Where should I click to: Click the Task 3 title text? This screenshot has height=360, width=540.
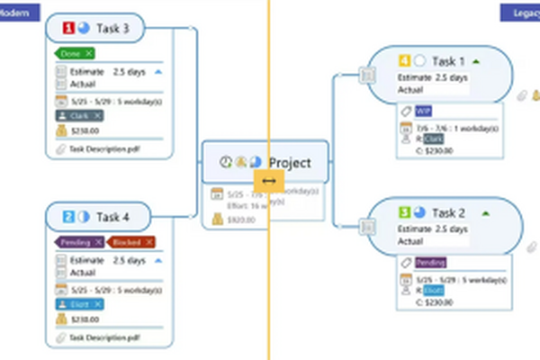(x=112, y=30)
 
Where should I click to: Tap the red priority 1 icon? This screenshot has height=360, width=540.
(x=68, y=30)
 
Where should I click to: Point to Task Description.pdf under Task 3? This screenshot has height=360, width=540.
(x=101, y=149)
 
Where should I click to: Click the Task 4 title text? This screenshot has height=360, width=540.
(x=112, y=217)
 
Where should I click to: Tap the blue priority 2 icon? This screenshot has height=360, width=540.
(x=68, y=217)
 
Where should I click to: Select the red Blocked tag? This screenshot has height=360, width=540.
(x=130, y=242)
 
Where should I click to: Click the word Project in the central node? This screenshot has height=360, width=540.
(x=290, y=163)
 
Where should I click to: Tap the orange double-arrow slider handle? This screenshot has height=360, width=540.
(x=268, y=180)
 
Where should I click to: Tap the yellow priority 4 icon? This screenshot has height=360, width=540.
(x=405, y=62)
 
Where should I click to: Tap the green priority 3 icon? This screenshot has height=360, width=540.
(x=405, y=213)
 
